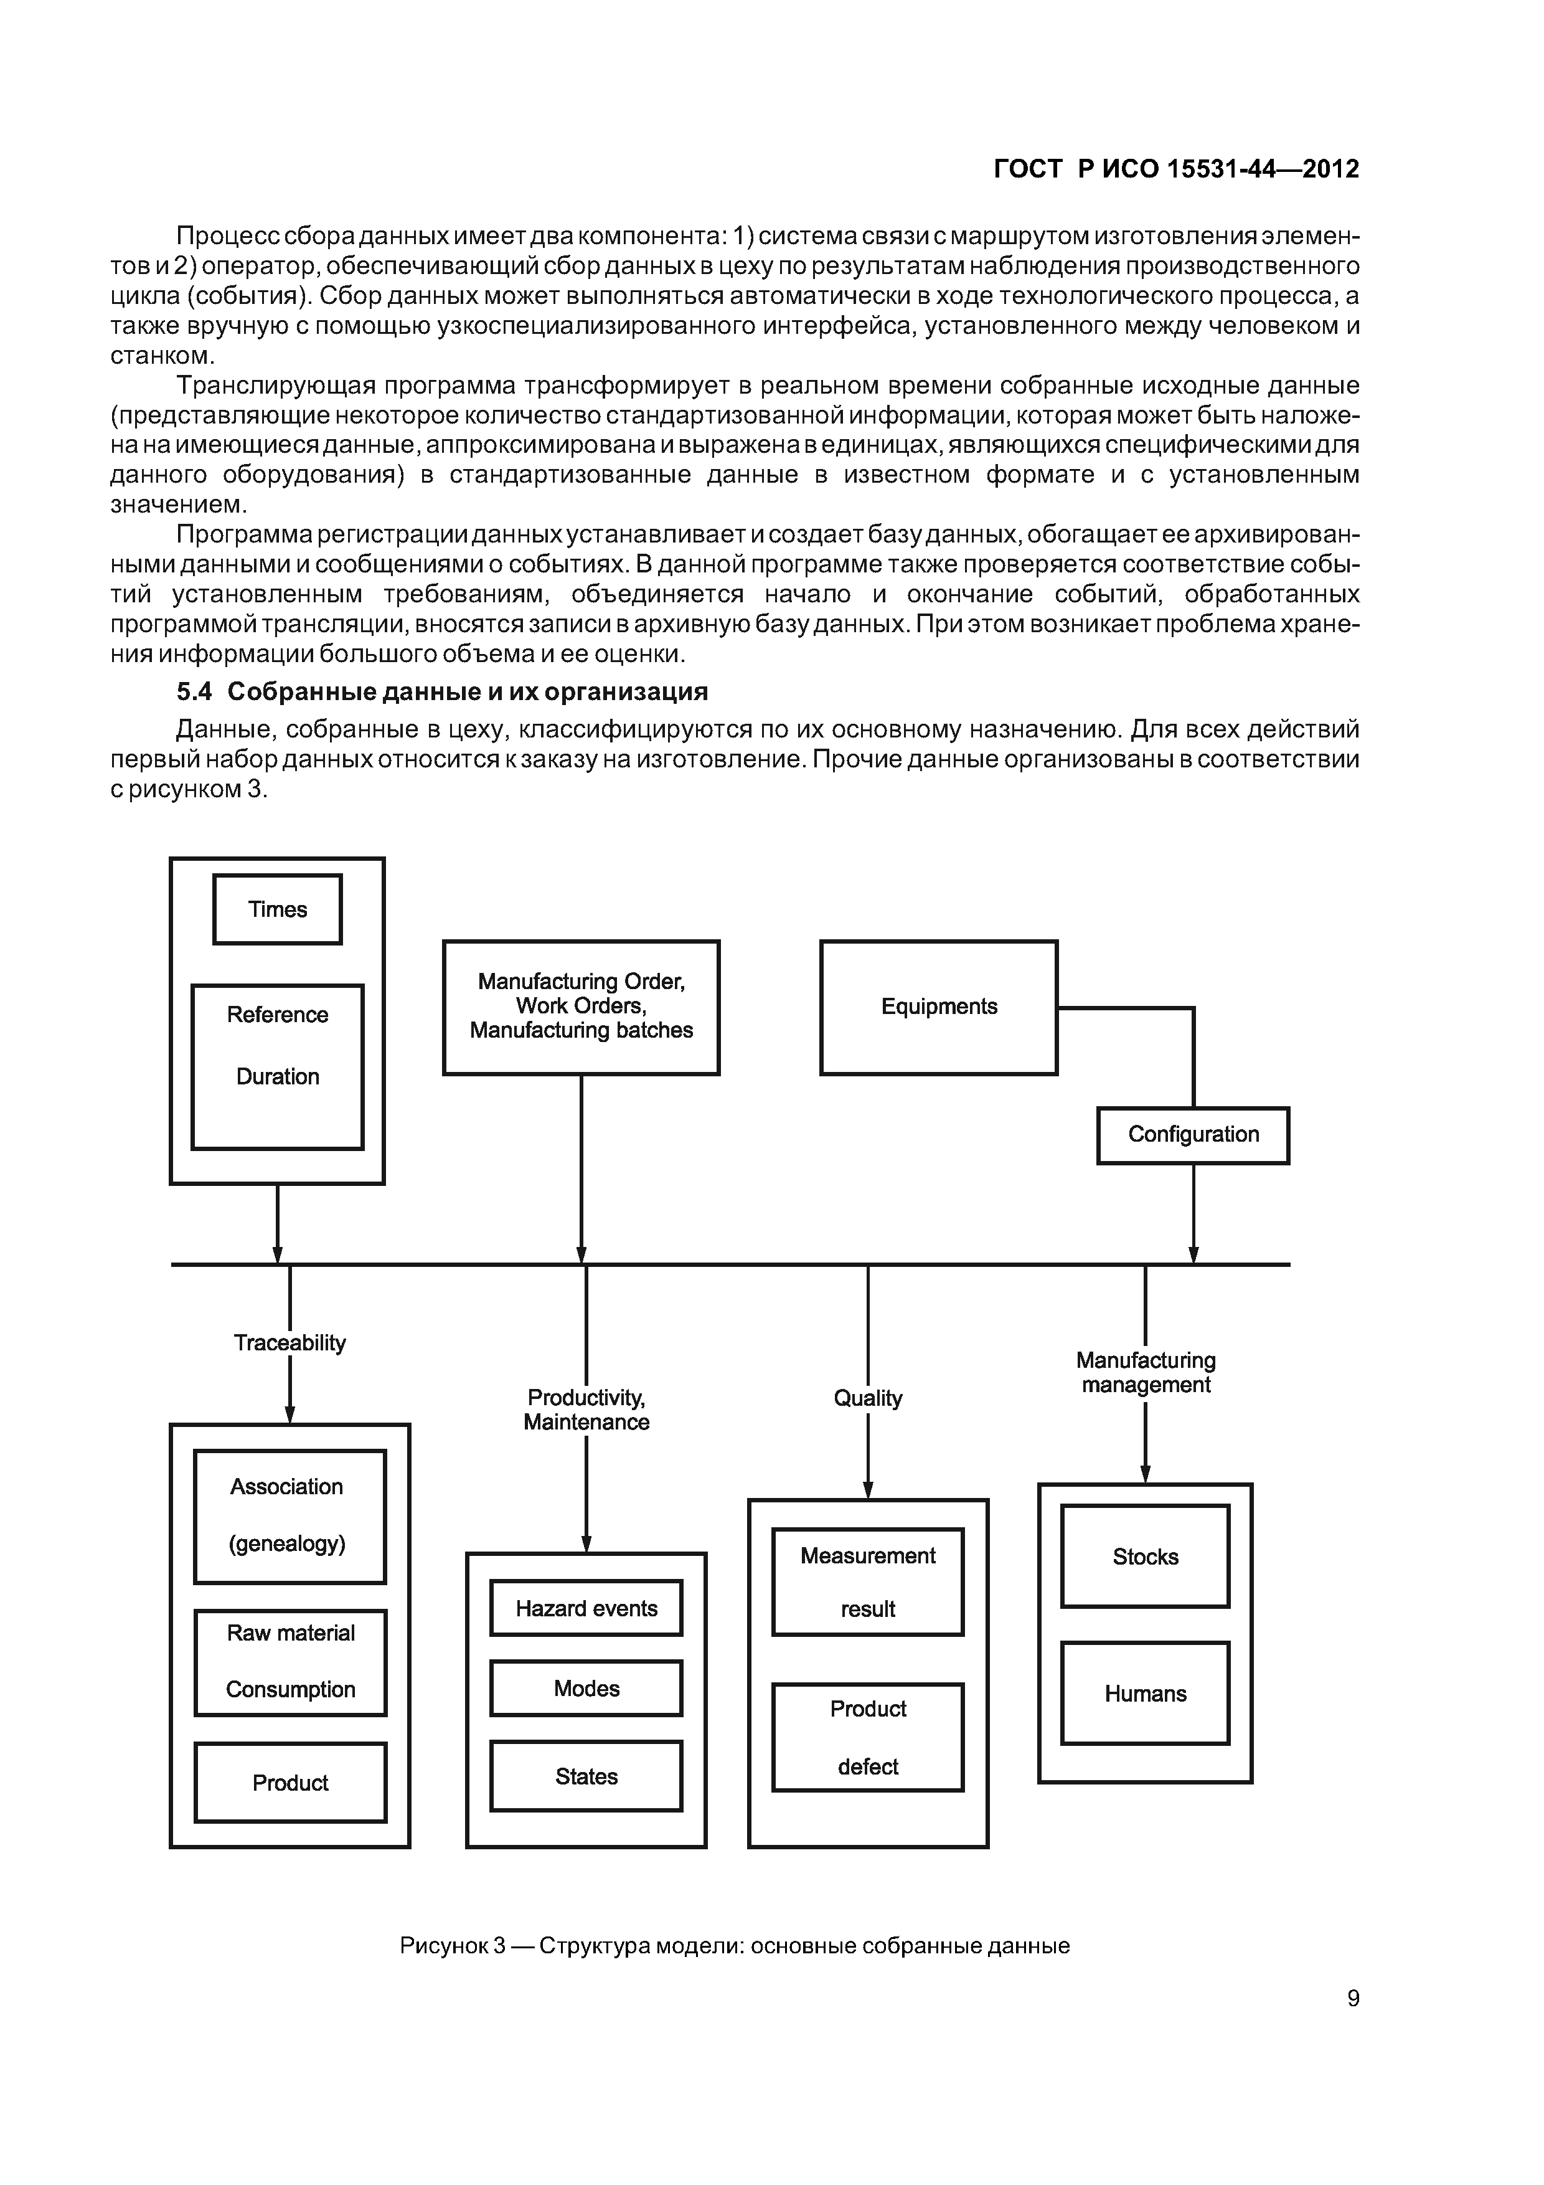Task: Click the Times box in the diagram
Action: point(277,909)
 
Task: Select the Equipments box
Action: point(938,1007)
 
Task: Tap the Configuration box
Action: point(1193,1134)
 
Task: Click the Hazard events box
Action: point(586,1608)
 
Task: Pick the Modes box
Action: point(586,1688)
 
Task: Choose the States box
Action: point(586,1776)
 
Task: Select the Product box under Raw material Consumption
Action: point(290,1783)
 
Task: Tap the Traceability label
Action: point(289,1343)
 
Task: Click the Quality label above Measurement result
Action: point(868,1398)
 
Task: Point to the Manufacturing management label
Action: point(1146,1372)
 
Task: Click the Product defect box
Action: point(868,1737)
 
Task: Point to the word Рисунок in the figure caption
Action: point(443,1946)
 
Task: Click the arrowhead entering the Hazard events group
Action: point(586,1543)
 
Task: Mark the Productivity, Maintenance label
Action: point(586,1410)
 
